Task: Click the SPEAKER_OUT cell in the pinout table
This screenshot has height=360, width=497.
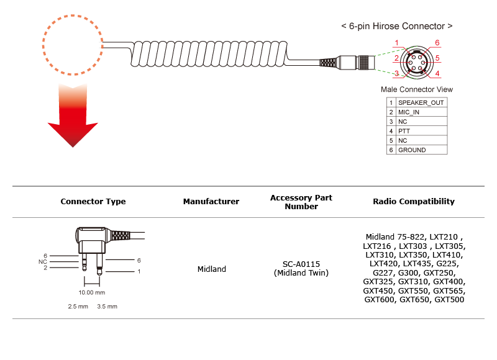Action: click(x=421, y=102)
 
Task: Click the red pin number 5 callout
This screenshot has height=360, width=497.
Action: click(x=437, y=58)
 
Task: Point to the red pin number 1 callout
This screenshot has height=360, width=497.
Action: click(x=396, y=43)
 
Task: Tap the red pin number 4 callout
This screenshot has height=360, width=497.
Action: click(x=437, y=74)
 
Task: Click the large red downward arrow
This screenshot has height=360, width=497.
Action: click(x=73, y=120)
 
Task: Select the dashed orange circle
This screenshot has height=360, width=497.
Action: click(x=43, y=45)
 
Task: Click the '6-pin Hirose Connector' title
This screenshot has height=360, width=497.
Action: click(x=397, y=26)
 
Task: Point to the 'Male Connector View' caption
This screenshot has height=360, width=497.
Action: click(x=417, y=89)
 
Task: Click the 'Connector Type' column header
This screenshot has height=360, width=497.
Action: click(x=93, y=201)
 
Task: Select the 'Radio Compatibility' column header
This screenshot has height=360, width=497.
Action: click(x=414, y=201)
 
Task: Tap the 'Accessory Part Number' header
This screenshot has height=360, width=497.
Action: click(x=301, y=202)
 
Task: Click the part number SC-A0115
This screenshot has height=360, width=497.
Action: click(x=301, y=264)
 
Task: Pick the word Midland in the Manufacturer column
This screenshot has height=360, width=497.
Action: click(x=212, y=269)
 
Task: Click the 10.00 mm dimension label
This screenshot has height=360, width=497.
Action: click(x=91, y=292)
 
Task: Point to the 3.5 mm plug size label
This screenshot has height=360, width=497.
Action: click(x=107, y=307)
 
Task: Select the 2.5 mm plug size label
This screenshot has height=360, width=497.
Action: click(x=78, y=307)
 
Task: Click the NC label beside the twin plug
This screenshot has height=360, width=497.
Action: click(x=42, y=262)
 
